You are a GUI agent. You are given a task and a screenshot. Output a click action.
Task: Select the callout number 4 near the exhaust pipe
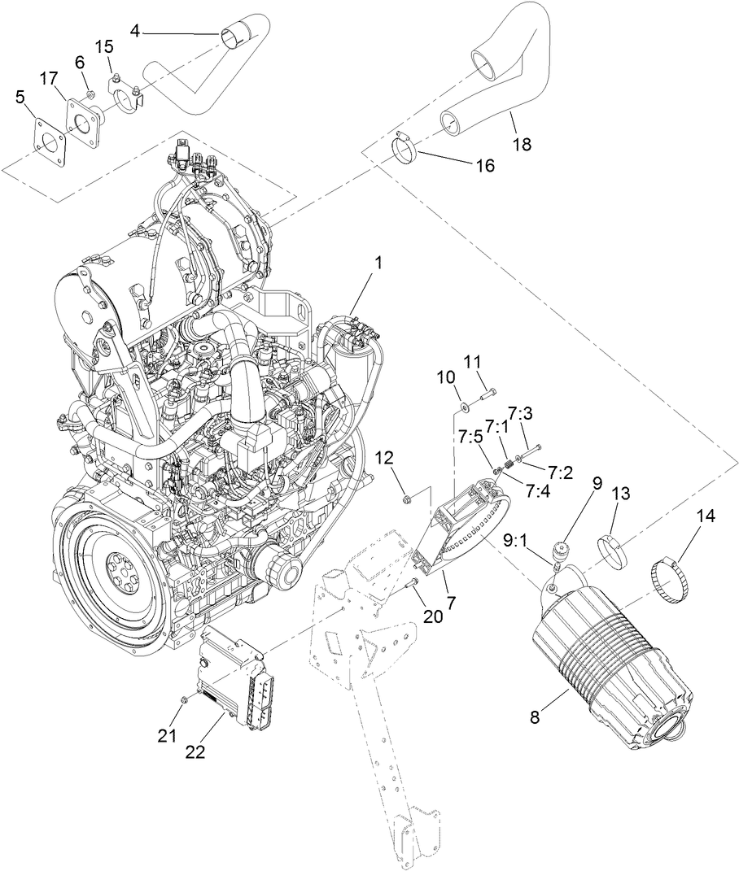point(135,32)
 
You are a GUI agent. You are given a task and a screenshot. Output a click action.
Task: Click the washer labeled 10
point(462,402)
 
